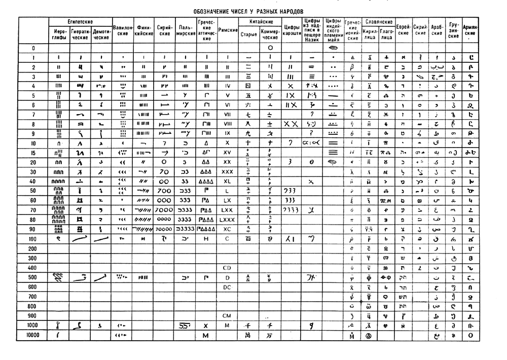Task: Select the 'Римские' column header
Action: click(228, 30)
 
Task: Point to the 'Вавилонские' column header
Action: click(123, 30)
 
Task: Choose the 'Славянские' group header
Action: click(380, 22)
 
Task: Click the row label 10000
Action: click(33, 335)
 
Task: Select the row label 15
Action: click(33, 153)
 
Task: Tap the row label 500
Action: click(33, 277)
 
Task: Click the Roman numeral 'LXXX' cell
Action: click(228, 220)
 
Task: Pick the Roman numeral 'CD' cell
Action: click(228, 267)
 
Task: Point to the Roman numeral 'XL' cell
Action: click(228, 181)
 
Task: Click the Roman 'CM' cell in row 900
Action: click(228, 315)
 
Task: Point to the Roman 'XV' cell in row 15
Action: click(228, 153)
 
